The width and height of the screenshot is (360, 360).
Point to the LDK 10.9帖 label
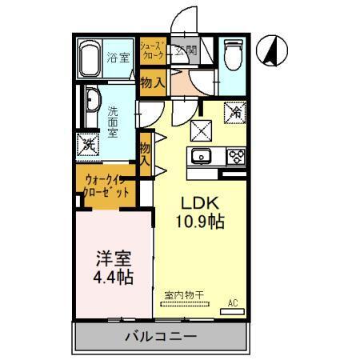pos(199,210)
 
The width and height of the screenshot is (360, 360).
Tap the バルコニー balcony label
pos(160,336)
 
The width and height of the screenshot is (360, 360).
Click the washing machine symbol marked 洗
pos(87,146)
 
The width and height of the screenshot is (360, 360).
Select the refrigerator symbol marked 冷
pos(237,114)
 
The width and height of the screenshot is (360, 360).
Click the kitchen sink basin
pos(200,155)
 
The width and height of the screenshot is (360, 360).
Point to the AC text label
pos(234,302)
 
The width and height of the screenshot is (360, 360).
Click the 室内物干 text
pos(185,295)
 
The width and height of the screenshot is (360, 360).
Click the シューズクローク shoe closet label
pos(153,53)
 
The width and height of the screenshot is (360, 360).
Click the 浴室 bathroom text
pos(118,58)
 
